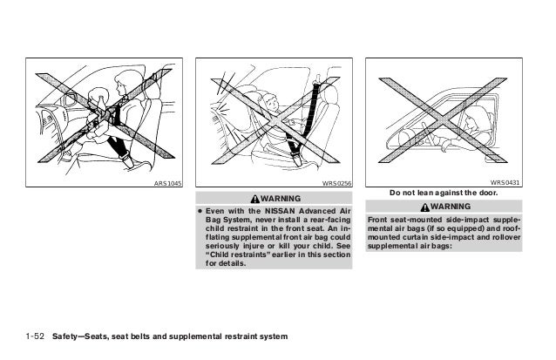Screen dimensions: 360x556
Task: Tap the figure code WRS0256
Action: point(336,184)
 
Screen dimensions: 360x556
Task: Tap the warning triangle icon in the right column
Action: point(424,205)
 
